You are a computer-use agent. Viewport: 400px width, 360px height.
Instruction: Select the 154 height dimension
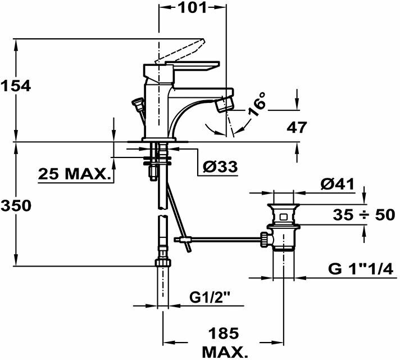coord(15,87)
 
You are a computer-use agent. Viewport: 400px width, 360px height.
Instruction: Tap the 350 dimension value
coord(15,206)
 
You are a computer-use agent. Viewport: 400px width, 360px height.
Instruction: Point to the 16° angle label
coord(257,106)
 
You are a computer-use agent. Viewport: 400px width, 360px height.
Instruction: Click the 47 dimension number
coord(296,128)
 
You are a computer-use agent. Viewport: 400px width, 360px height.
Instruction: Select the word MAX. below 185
coord(224,353)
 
